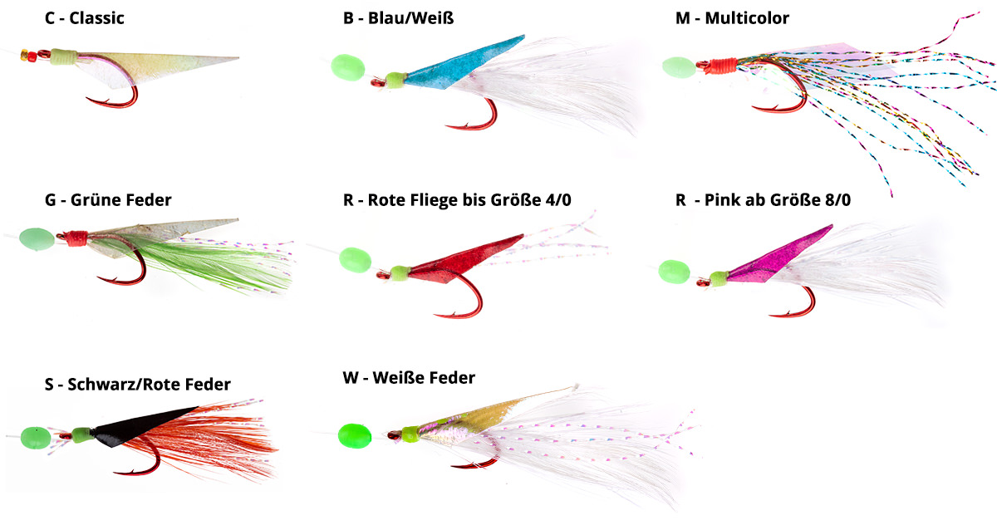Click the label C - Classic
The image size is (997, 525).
tap(84, 17)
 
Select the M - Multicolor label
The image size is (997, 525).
tap(732, 17)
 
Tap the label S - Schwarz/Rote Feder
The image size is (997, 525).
tap(137, 384)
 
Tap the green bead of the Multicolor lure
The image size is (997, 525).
tap(677, 66)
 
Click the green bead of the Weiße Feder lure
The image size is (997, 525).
tap(354, 434)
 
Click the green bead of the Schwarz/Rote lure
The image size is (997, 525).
tap(34, 435)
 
